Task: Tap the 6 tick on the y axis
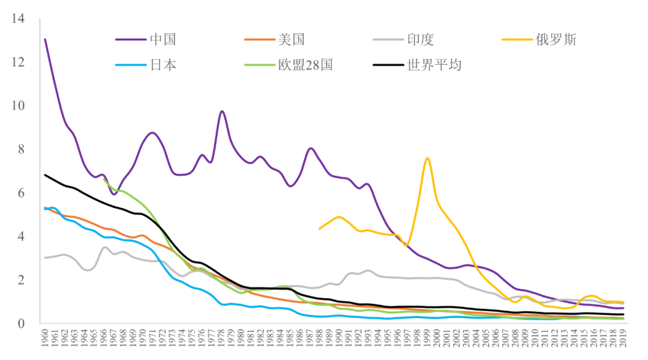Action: pos(21,193)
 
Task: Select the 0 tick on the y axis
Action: pos(21,324)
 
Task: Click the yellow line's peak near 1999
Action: pos(427,158)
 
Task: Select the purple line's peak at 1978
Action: pos(222,111)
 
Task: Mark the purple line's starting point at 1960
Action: pos(45,40)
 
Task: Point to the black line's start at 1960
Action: pos(45,175)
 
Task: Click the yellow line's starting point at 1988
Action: pos(319,229)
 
